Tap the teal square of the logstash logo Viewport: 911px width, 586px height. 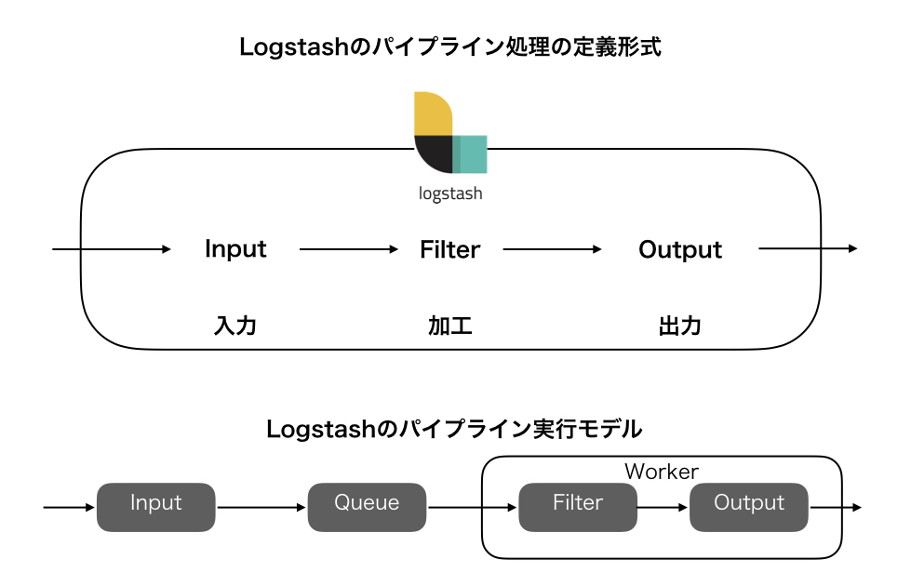coord(473,154)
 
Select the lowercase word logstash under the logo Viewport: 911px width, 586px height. coord(450,195)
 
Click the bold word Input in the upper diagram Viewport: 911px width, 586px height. coord(235,249)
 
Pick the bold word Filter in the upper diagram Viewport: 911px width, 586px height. coord(450,249)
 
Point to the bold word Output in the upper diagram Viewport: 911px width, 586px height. coord(680,249)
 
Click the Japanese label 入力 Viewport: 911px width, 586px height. coord(235,326)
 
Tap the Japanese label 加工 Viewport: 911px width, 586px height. coord(450,326)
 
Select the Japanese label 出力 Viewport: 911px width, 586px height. coord(680,326)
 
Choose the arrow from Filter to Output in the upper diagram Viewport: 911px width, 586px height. coord(553,249)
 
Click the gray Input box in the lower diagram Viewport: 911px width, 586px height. coord(156,507)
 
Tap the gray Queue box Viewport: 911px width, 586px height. coord(367,507)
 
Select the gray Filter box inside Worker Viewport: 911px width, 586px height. coord(578,507)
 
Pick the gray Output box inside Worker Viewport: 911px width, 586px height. coord(749,507)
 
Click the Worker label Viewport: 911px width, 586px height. coord(661,472)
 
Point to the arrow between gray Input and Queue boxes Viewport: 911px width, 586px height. coord(261,507)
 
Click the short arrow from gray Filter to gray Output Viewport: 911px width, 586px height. coord(663,507)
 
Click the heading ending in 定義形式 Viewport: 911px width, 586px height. coord(450,47)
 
